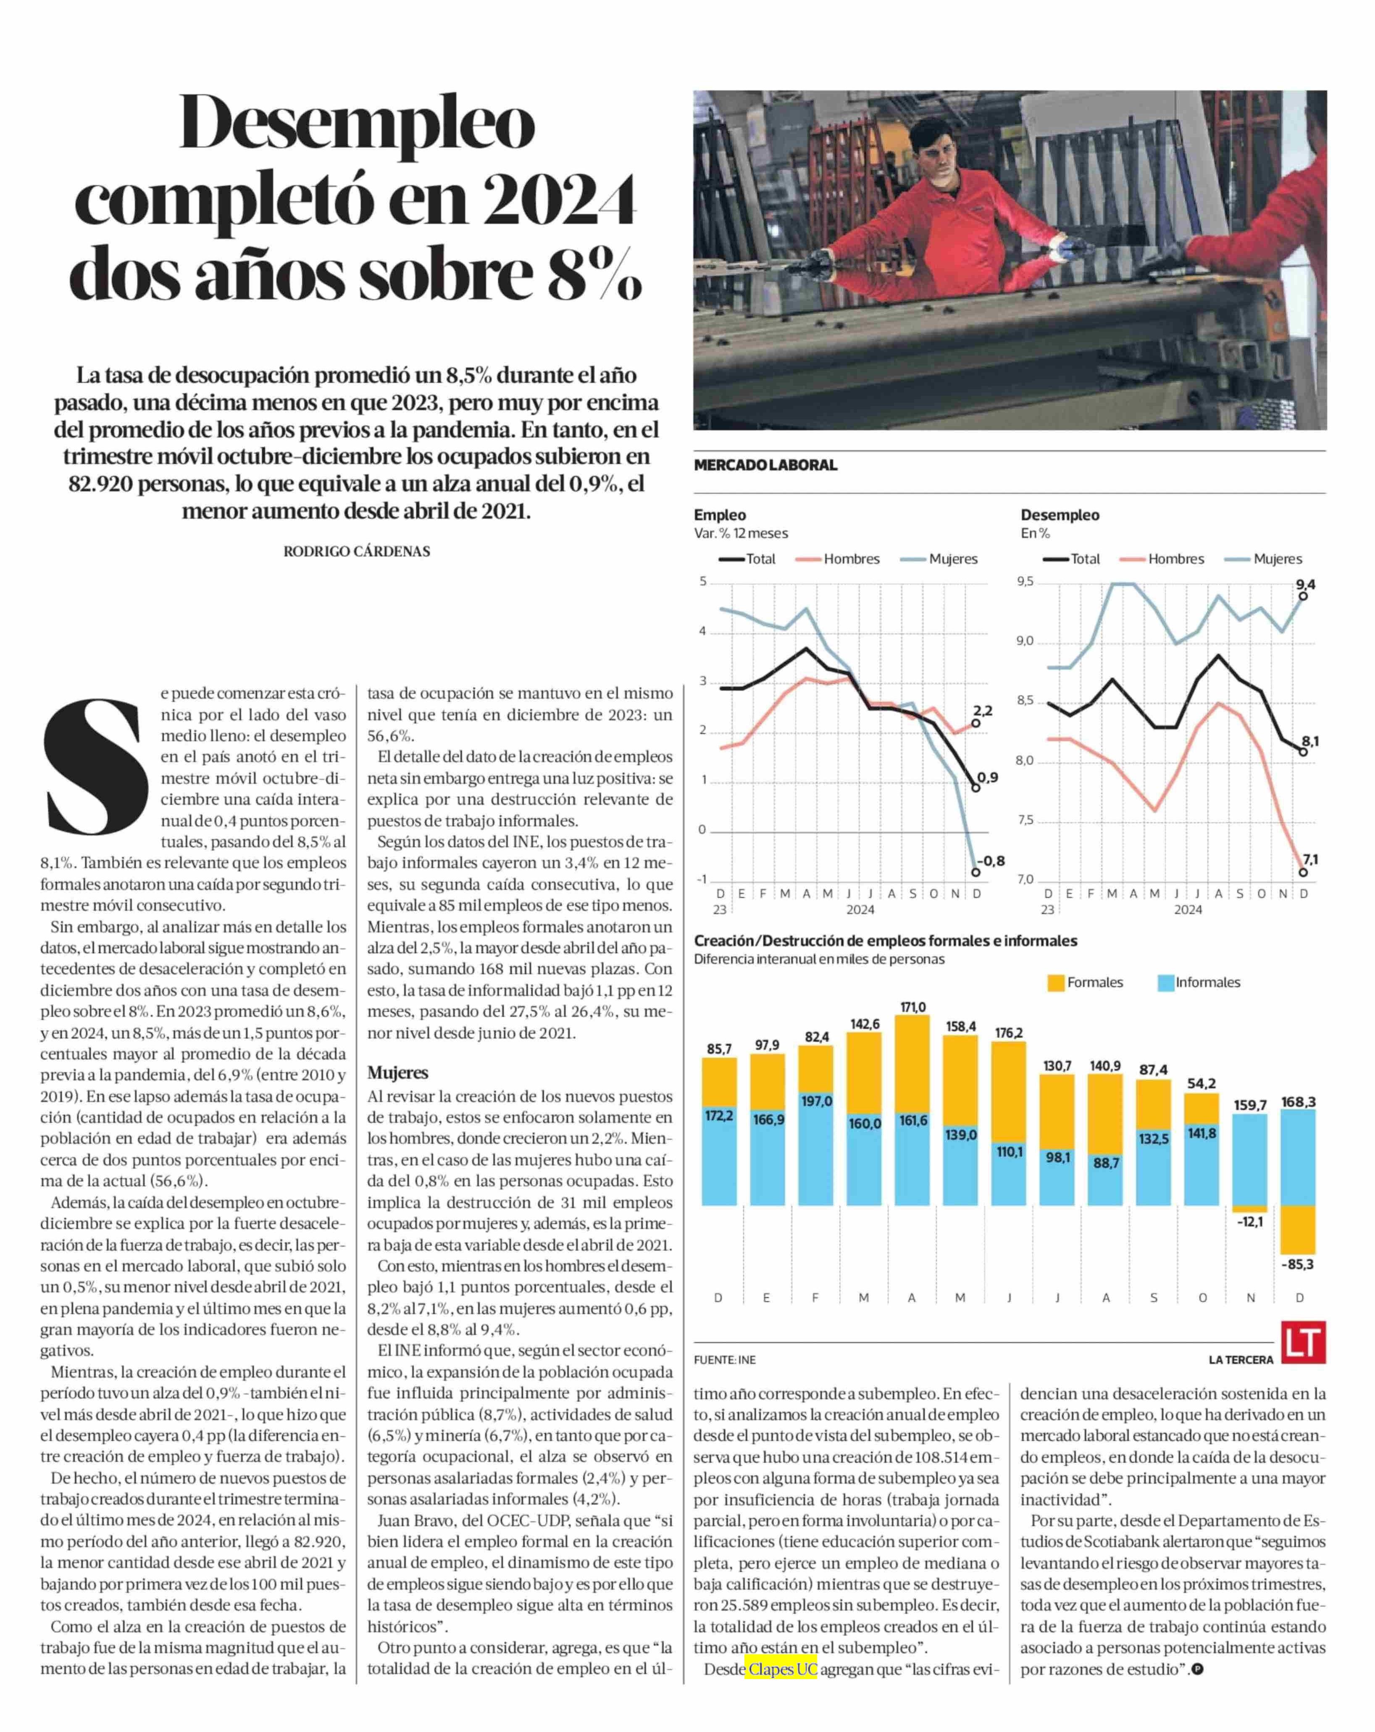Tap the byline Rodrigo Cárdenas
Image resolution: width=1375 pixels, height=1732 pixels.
(x=357, y=551)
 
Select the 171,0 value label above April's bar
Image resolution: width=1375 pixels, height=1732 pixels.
(x=912, y=1007)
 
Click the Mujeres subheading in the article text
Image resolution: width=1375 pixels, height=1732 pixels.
(x=397, y=1072)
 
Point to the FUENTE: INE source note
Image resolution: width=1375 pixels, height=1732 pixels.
(x=724, y=1359)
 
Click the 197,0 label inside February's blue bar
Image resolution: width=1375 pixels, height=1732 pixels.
(x=816, y=1100)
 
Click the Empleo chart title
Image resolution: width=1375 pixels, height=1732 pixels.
(x=720, y=515)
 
